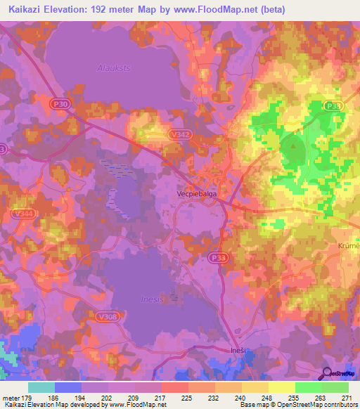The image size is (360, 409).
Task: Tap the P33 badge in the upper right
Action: pos(334,105)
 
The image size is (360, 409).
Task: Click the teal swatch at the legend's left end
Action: pos(41,387)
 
